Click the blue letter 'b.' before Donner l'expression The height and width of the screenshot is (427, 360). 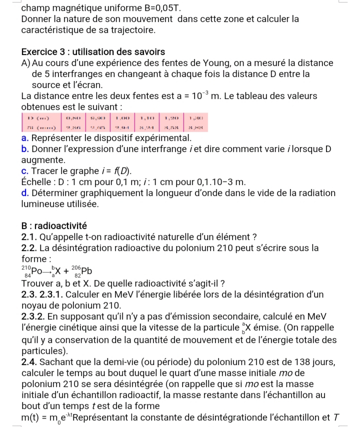click(25, 149)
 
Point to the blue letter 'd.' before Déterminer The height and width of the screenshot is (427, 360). click(25, 193)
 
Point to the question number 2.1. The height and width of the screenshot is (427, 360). click(31, 236)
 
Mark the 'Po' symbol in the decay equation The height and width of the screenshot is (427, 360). click(39, 271)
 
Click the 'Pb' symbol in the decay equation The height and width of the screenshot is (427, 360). click(87, 271)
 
